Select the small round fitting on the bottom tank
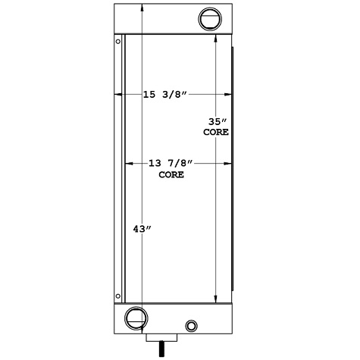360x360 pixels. [190, 326]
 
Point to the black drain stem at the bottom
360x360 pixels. [161, 349]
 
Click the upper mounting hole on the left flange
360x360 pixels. [117, 42]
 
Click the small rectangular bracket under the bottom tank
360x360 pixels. [161, 338]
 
